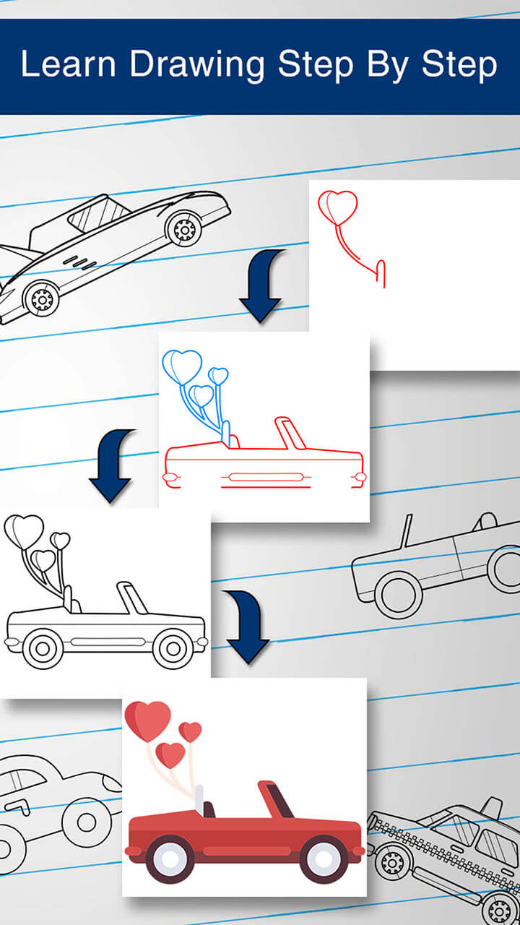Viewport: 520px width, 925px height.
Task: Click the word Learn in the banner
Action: click(x=68, y=65)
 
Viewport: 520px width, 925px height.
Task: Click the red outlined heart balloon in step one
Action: click(x=338, y=207)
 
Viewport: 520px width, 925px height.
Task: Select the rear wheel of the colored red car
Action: click(x=170, y=858)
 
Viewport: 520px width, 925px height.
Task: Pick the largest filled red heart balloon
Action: click(x=148, y=720)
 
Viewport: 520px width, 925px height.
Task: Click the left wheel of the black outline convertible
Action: click(x=43, y=648)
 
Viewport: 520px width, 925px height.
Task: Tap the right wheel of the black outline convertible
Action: click(x=173, y=648)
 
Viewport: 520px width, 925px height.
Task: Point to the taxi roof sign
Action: click(x=491, y=807)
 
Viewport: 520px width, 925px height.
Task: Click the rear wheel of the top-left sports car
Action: click(x=184, y=229)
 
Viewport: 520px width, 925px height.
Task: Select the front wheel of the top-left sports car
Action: click(x=41, y=298)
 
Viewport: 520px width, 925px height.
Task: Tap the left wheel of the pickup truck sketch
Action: click(x=399, y=594)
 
